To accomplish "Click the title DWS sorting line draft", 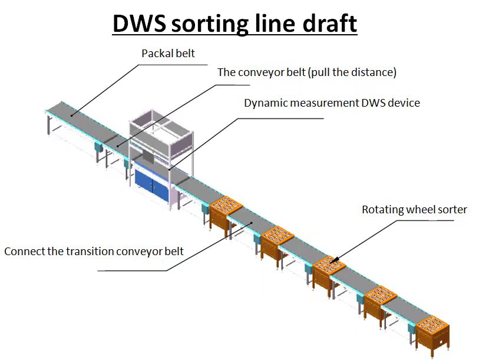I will (x=234, y=24).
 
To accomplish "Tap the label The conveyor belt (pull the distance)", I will (x=306, y=72).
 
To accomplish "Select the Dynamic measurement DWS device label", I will (x=332, y=103).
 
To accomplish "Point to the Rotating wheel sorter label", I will (x=414, y=210).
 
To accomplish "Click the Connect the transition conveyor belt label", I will (x=94, y=252).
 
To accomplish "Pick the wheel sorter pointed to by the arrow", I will (x=329, y=268).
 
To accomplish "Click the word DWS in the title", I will (x=141, y=24).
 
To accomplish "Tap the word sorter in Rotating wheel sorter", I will (x=452, y=210).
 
